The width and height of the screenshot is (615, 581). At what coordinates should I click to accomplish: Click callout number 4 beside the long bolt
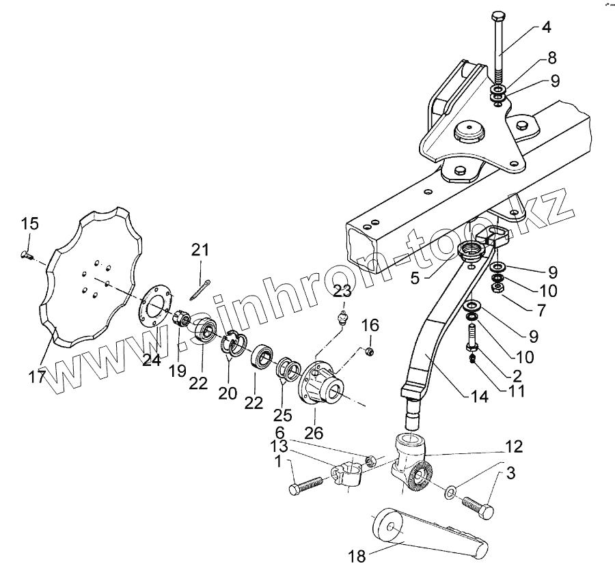[x=546, y=28]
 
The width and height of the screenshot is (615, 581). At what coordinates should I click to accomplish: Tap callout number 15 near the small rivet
[x=29, y=223]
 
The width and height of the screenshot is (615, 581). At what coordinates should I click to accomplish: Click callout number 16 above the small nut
[x=370, y=323]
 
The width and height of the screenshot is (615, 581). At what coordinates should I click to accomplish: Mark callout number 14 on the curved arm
[x=479, y=395]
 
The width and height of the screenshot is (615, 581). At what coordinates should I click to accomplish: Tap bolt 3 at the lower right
[x=477, y=508]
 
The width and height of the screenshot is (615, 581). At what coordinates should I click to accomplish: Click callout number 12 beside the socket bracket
[x=514, y=447]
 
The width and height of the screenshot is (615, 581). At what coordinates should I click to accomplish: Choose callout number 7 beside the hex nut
[x=541, y=311]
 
